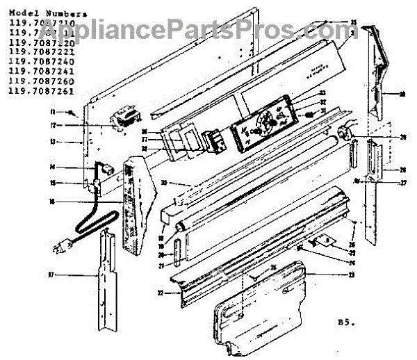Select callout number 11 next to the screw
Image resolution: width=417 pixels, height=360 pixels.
(x=70, y=112)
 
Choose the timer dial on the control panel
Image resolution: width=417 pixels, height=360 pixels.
(x=263, y=127)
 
